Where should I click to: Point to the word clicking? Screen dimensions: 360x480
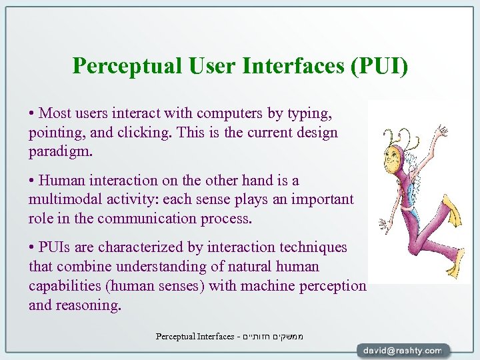[146, 132]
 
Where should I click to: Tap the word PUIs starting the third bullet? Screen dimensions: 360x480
[58, 247]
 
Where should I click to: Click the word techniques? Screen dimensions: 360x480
[311, 247]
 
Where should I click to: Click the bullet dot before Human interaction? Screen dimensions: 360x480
[32, 181]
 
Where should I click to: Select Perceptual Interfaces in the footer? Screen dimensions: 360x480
[195, 336]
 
